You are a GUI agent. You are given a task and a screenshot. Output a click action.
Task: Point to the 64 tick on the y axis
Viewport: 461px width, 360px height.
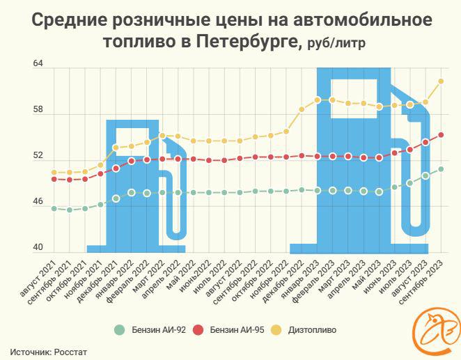pos(38,64)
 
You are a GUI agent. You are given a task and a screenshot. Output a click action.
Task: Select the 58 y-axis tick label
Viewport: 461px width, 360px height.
pos(38,110)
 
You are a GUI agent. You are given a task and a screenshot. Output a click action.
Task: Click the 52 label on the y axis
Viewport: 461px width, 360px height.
pos(38,156)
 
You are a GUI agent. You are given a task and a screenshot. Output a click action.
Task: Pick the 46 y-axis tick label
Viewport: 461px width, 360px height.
pos(38,203)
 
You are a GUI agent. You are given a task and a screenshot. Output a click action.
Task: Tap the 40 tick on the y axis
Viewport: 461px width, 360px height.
pos(38,249)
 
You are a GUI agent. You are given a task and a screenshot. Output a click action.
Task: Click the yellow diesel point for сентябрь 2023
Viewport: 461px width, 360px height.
pos(441,81)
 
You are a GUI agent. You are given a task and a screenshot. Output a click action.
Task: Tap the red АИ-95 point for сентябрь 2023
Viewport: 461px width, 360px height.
pos(441,135)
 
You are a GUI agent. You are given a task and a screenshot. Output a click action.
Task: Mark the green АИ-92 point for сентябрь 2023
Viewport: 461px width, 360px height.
pos(441,169)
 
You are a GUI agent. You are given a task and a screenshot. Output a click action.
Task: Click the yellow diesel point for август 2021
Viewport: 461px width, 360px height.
pos(54,172)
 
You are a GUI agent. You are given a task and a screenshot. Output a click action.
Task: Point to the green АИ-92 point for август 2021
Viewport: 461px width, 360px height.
pos(54,208)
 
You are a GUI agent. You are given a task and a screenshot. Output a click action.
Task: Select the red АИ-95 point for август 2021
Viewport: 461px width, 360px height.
pos(54,179)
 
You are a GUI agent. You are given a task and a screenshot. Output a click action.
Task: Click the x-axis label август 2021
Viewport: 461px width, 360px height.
pos(40,274)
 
